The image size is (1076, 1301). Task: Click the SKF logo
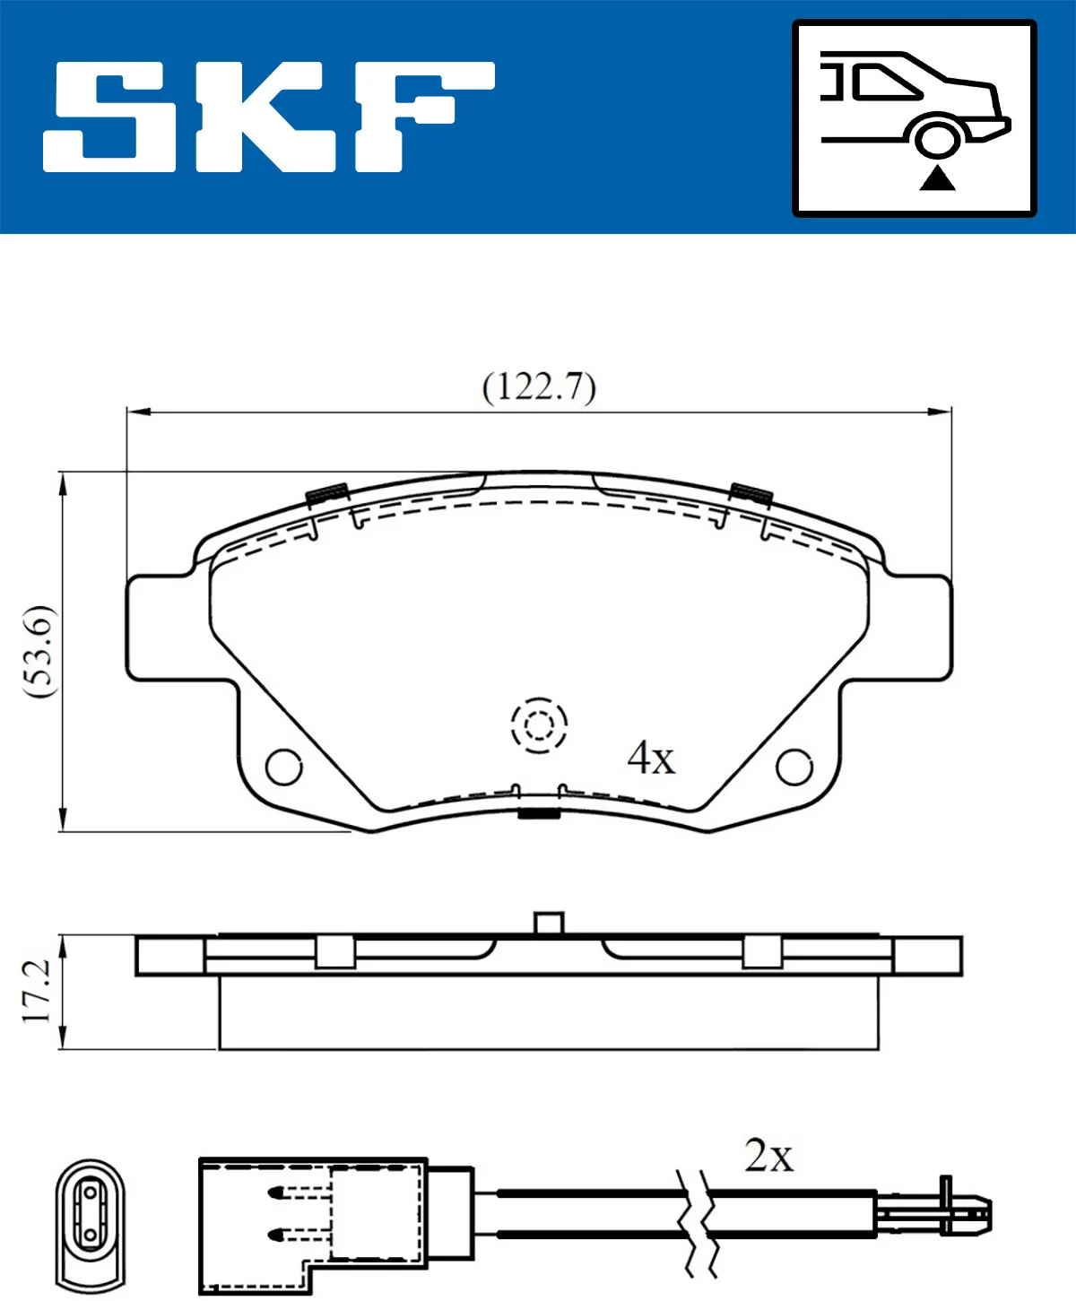click(269, 117)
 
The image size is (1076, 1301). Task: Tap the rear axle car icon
click(915, 118)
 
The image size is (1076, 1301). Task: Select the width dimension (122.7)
click(539, 387)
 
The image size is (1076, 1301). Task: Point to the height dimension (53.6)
click(40, 652)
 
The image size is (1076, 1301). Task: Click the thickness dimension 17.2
click(38, 992)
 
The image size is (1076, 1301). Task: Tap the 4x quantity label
click(651, 759)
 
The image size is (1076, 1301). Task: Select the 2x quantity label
click(768, 1157)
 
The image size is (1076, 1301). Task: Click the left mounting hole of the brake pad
click(284, 767)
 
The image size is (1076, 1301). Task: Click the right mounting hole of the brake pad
click(794, 767)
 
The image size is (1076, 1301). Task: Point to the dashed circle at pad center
click(539, 724)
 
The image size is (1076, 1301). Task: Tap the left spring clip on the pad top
click(327, 493)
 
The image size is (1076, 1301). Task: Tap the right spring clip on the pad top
click(751, 493)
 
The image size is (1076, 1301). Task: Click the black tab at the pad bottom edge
click(539, 814)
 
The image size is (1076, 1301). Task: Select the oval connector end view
click(90, 1223)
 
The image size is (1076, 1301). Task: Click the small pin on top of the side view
click(548, 923)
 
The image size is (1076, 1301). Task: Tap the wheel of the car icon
click(938, 138)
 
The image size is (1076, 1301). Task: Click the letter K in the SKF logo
click(269, 117)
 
